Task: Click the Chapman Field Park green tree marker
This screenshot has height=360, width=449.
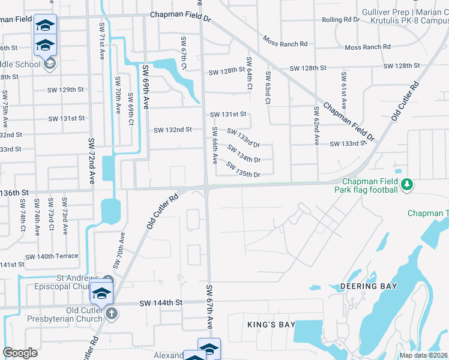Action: [407, 183]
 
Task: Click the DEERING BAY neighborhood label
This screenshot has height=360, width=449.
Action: [369, 286]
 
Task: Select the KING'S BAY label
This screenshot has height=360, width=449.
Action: [271, 325]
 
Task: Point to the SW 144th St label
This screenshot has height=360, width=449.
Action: [160, 303]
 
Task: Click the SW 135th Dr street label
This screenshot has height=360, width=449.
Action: [243, 170]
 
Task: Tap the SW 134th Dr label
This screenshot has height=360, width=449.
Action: [243, 154]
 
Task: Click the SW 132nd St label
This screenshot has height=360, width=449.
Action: [173, 130]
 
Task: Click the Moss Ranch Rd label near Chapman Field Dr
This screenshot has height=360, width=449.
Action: [285, 43]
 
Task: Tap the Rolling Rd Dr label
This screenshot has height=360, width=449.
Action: [340, 20]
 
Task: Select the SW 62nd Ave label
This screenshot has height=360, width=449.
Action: [316, 126]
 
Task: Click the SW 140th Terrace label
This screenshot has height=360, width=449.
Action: [52, 256]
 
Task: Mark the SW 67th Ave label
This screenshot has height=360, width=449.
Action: [210, 307]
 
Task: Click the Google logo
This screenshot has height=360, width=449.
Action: [20, 353]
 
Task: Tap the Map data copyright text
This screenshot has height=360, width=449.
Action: [423, 355]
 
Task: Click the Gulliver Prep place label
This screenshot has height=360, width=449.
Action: [385, 13]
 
